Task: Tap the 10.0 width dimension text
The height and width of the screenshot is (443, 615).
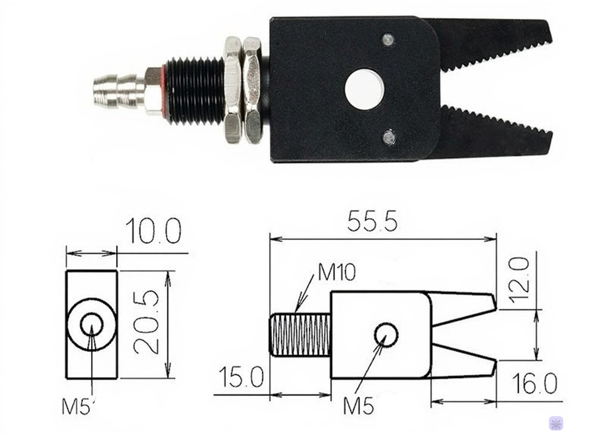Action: coord(154,232)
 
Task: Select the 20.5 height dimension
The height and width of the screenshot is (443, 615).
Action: coord(147,322)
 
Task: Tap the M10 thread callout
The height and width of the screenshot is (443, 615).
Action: coord(336,272)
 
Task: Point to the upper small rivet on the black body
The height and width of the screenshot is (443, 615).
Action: coord(387,40)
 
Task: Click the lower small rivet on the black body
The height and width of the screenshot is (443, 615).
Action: coord(388,137)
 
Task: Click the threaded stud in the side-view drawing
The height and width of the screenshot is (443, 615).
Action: coord(300,334)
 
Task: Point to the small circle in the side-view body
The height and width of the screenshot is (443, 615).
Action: coord(386,334)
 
